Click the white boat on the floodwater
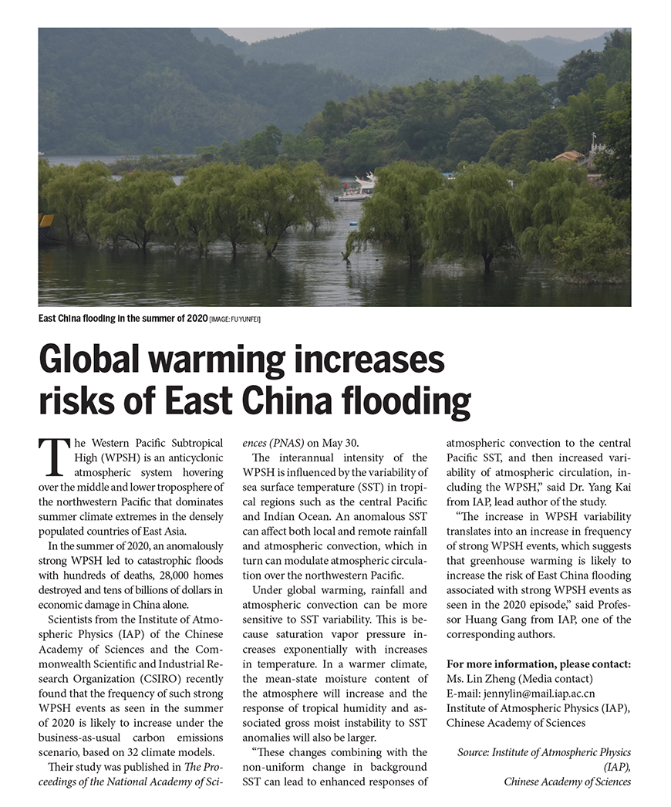click(x=356, y=189)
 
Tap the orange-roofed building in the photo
click(x=568, y=157)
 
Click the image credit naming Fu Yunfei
click(x=234, y=319)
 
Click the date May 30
click(x=340, y=443)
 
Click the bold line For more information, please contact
click(x=538, y=663)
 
